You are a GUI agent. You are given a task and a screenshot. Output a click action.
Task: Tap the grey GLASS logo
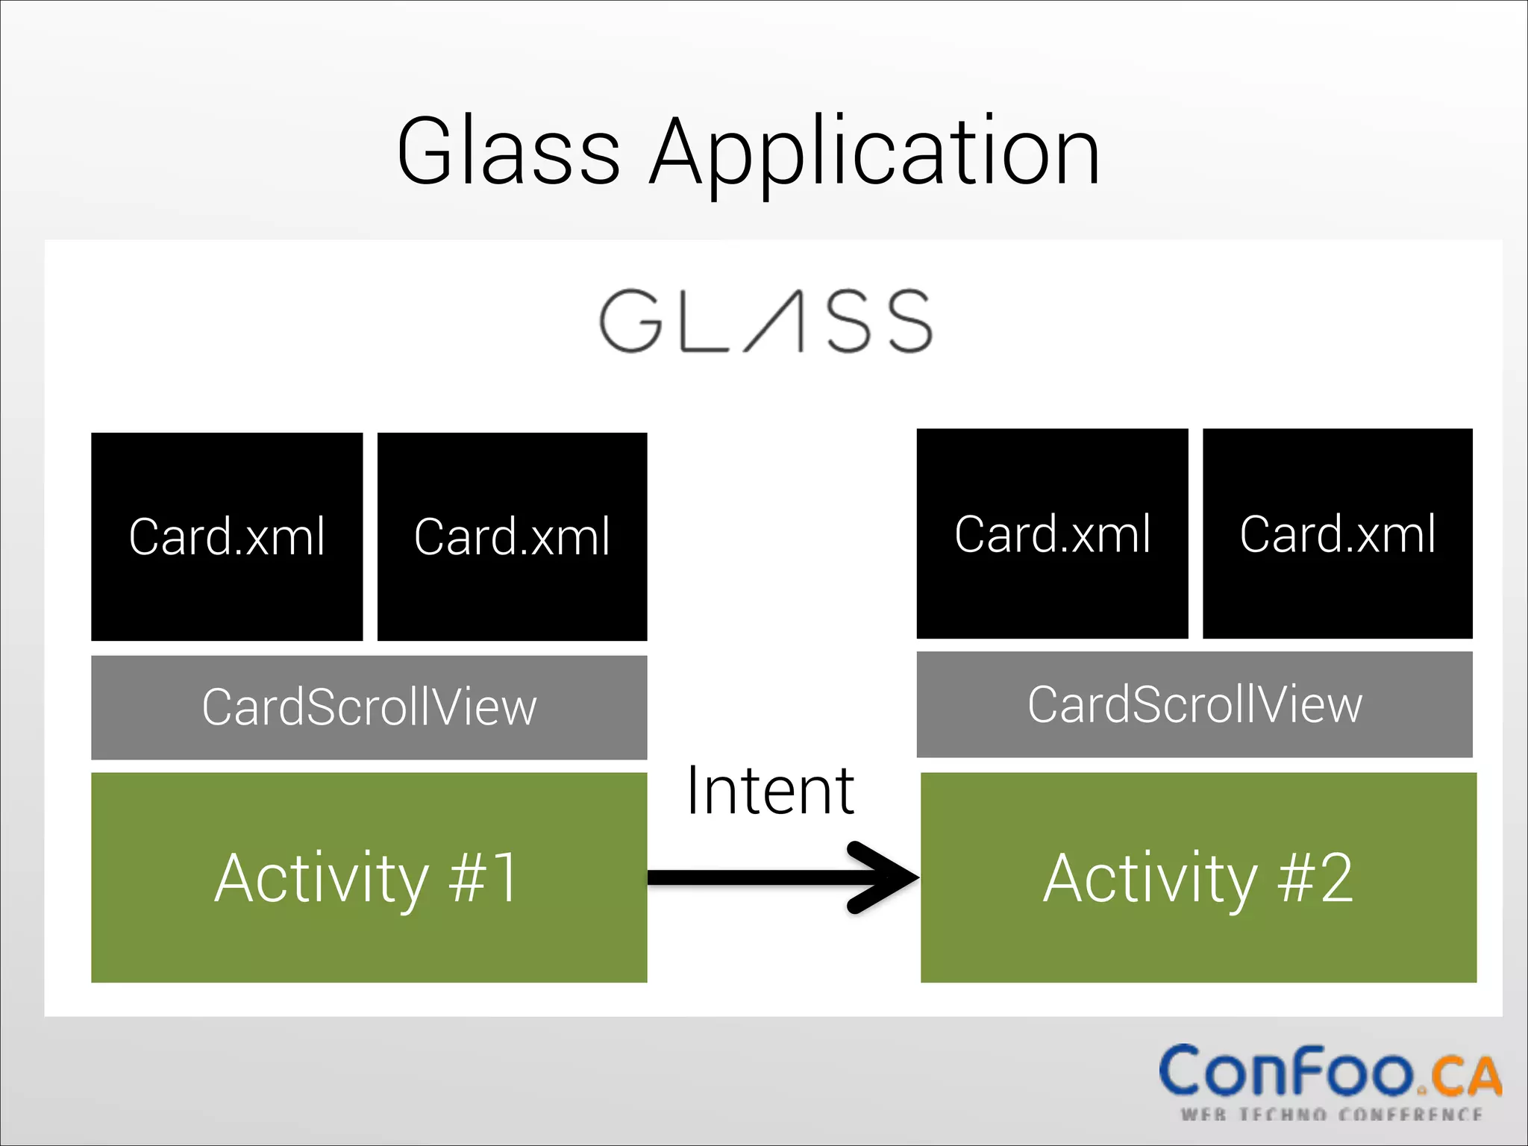765,321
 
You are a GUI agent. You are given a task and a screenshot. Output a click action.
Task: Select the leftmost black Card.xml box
227,536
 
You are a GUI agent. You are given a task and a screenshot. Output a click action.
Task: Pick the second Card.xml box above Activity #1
512,536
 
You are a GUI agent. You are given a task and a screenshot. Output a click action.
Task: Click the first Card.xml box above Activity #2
1052,533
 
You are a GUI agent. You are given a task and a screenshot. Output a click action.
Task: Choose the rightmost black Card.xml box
1337,533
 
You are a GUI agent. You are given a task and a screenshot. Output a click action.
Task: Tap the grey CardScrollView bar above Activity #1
369,707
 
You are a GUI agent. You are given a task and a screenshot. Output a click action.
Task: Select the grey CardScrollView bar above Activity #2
1194,704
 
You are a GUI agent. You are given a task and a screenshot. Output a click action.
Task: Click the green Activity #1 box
369,877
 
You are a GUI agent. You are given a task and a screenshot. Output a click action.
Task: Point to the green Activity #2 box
1198,877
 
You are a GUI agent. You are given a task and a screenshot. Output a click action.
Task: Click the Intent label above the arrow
770,791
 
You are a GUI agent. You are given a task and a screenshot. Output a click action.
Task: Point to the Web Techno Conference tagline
1331,1115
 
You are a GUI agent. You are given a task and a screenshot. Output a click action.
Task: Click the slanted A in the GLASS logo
776,321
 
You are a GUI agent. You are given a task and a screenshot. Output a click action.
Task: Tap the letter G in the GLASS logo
631,321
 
